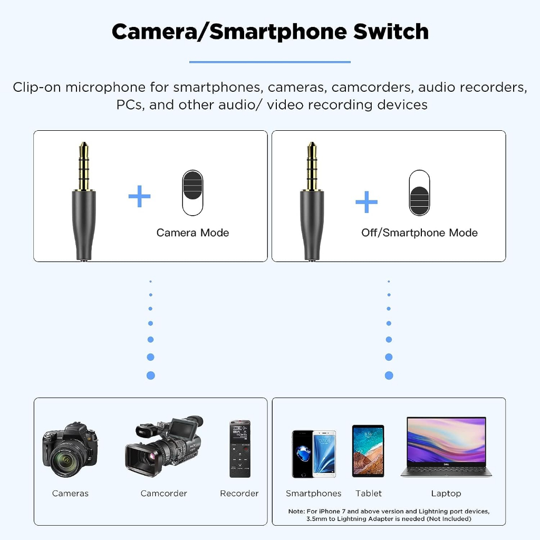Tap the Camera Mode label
click(x=192, y=233)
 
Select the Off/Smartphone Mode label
click(x=419, y=233)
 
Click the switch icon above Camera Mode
click(x=192, y=192)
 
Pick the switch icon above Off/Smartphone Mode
click(x=419, y=192)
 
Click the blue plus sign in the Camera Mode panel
click(x=140, y=197)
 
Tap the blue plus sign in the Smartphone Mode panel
click(x=367, y=202)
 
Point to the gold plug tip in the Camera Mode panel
click(x=83, y=166)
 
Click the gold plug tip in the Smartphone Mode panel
click(x=312, y=166)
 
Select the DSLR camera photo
click(x=70, y=450)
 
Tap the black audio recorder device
click(x=240, y=449)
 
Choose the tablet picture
click(x=368, y=451)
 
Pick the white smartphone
click(x=324, y=454)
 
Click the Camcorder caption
click(x=163, y=494)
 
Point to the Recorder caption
click(x=239, y=494)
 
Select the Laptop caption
click(x=446, y=494)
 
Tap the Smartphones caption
click(x=314, y=494)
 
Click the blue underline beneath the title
click(x=270, y=62)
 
